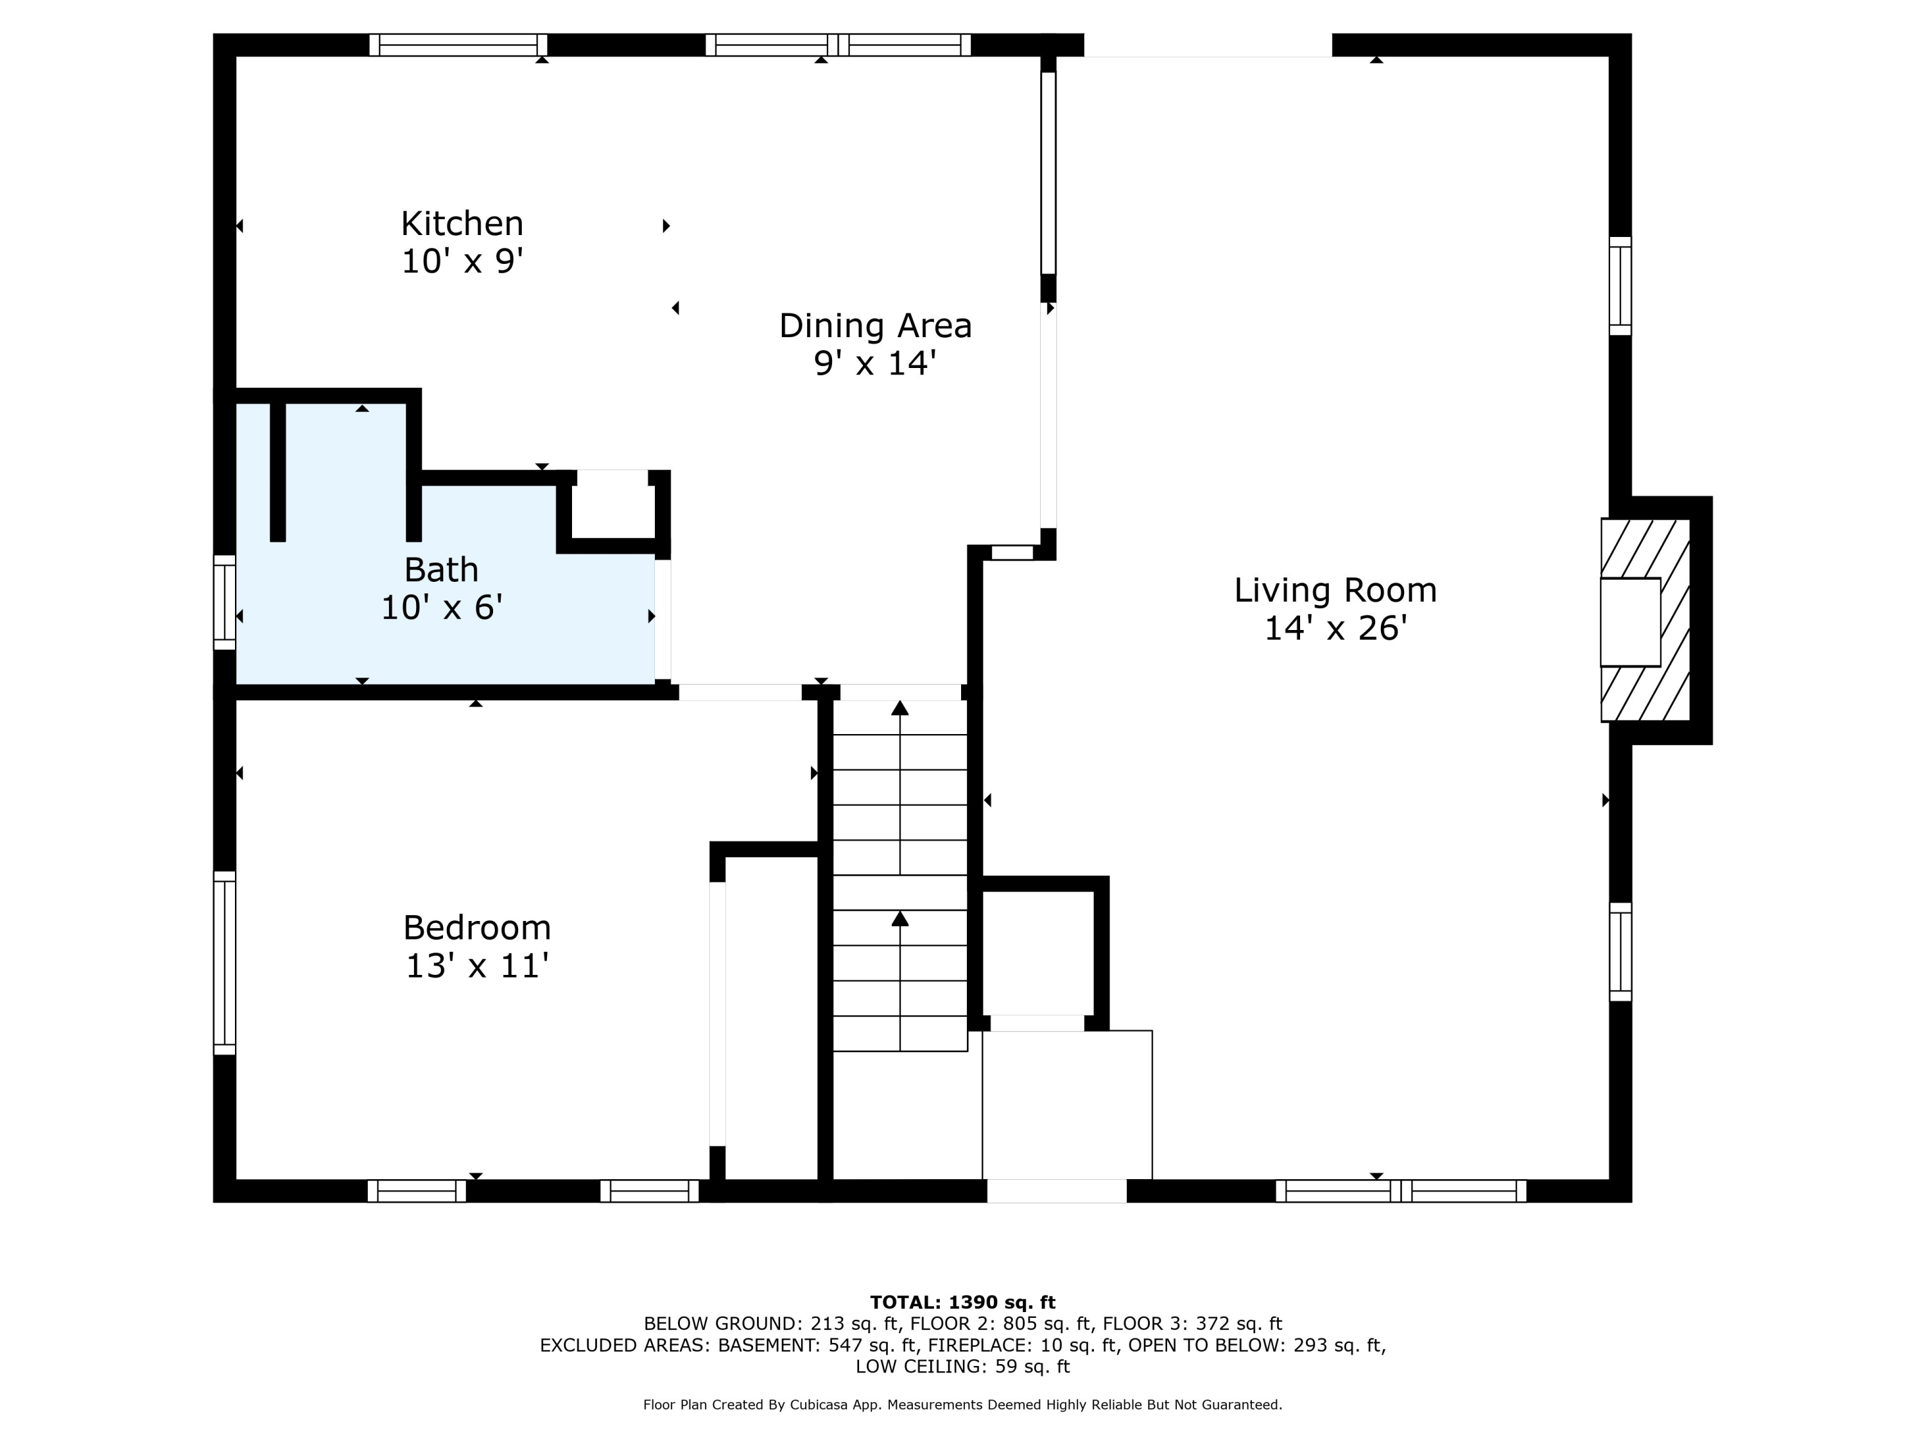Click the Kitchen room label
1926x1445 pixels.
pos(462,224)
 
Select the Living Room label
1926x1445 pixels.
pos(1334,591)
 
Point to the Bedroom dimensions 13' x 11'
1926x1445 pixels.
pos(476,966)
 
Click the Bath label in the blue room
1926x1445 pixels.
pos(442,570)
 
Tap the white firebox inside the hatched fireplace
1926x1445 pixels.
pos(1629,622)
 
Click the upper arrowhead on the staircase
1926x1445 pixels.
pos(899,708)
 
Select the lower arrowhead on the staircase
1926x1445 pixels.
pos(899,919)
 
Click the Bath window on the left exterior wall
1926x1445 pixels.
pos(225,602)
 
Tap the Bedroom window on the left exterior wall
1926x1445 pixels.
pos(225,963)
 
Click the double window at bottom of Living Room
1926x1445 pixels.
pos(1400,1191)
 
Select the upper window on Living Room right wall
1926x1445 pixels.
pos(1620,286)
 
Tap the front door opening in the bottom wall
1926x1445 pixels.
pos(1056,1191)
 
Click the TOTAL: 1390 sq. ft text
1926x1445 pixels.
pos(962,1302)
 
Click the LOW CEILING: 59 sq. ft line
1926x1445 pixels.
pos(962,1366)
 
